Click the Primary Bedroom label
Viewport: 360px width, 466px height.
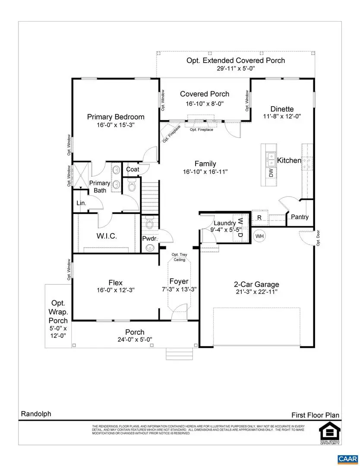point(116,117)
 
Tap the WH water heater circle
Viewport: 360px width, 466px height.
point(259,236)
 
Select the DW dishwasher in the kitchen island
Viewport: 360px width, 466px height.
point(271,173)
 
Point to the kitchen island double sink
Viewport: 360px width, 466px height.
point(271,159)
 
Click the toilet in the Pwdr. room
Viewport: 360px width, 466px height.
point(149,223)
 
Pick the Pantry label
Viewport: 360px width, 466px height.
point(300,217)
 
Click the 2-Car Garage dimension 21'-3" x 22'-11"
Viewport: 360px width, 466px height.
point(256,292)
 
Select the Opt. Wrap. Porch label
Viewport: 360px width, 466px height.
point(58,312)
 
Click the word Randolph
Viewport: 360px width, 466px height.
point(36,414)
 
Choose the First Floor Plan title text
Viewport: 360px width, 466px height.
point(315,415)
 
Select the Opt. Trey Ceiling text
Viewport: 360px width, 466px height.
point(179,257)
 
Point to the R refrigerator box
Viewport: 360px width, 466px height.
point(259,217)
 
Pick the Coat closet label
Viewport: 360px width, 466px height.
point(132,170)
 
